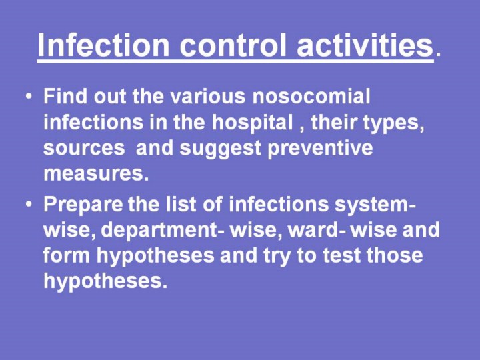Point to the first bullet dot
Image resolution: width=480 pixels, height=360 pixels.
click(x=29, y=97)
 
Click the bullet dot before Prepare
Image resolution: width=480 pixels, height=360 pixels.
click(x=29, y=204)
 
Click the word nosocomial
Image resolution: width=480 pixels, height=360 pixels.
click(x=311, y=96)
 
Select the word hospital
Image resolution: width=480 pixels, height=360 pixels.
click(x=252, y=122)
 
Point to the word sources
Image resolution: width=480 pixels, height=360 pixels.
click(x=84, y=149)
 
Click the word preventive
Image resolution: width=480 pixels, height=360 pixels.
click(x=320, y=149)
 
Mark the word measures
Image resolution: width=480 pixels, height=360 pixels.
click(x=96, y=174)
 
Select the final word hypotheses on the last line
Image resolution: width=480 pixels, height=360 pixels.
click(x=105, y=281)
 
